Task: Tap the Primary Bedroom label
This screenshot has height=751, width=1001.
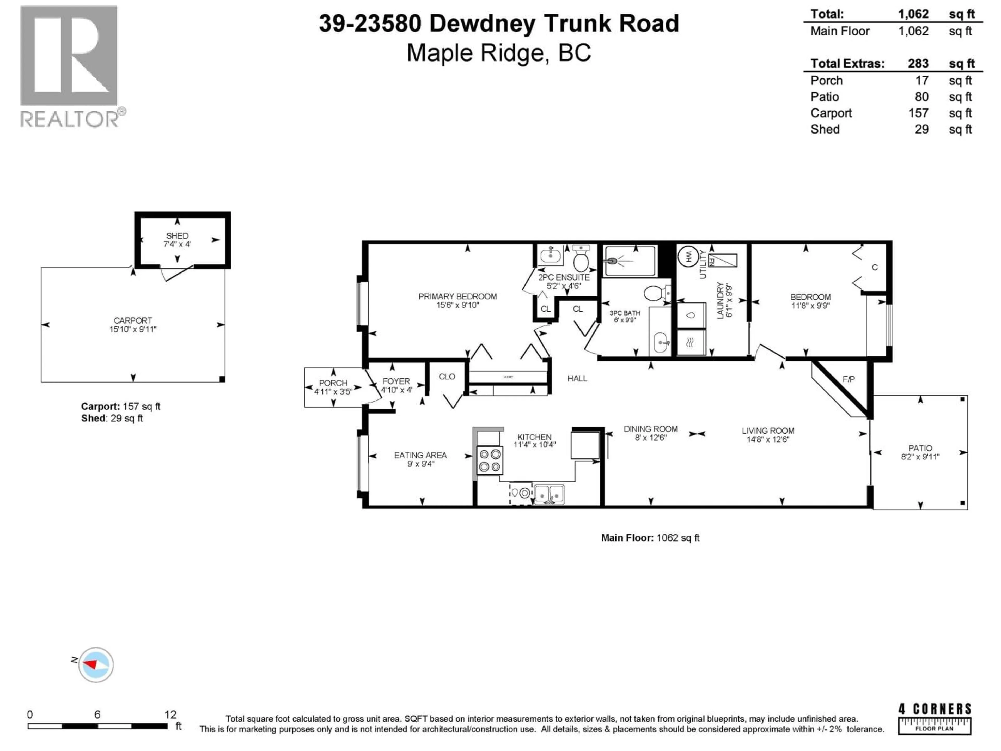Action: [x=457, y=296]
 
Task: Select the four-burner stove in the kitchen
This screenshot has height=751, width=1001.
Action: [x=490, y=460]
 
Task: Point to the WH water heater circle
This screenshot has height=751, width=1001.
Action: [x=687, y=257]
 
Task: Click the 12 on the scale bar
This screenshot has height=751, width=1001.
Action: [x=170, y=714]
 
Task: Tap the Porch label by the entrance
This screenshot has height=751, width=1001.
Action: [x=333, y=383]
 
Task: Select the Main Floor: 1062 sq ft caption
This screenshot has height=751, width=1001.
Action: [x=650, y=538]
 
